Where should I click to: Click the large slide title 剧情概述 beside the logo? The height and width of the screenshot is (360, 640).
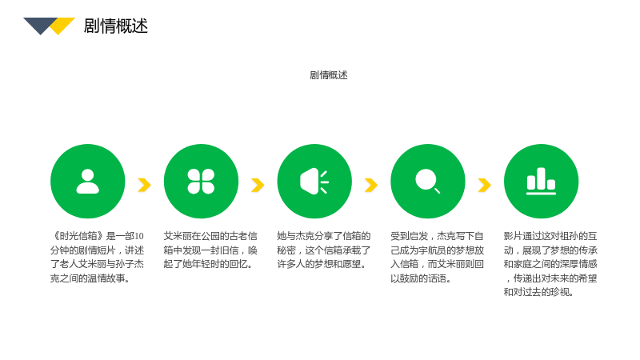click(x=115, y=26)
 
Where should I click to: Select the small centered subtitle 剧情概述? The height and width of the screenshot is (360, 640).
click(x=329, y=75)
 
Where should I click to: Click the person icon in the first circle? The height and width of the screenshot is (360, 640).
click(x=88, y=182)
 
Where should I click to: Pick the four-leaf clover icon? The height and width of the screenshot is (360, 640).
click(x=201, y=182)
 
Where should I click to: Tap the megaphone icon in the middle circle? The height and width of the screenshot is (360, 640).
click(x=314, y=182)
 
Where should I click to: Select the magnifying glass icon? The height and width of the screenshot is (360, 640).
click(x=427, y=181)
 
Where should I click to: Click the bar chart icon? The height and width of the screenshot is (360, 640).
click(x=541, y=181)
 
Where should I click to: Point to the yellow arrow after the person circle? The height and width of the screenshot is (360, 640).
click(x=145, y=185)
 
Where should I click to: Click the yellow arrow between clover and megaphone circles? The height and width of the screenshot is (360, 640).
click(x=258, y=185)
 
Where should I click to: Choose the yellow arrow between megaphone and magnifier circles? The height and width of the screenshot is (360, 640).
click(x=371, y=185)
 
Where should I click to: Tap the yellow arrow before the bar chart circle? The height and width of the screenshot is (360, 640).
click(x=485, y=185)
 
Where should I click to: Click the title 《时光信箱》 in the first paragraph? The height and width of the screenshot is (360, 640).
click(x=78, y=236)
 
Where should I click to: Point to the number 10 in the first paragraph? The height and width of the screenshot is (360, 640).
click(x=138, y=236)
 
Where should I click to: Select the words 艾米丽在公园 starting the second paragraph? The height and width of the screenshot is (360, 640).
click(x=191, y=236)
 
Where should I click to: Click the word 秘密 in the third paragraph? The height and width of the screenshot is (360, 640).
click(x=286, y=250)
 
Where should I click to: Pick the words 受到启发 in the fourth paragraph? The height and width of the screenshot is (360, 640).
click(x=409, y=236)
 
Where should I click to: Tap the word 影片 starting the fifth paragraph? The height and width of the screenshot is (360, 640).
click(x=513, y=236)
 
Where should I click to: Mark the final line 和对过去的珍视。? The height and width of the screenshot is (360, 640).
click(x=538, y=292)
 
